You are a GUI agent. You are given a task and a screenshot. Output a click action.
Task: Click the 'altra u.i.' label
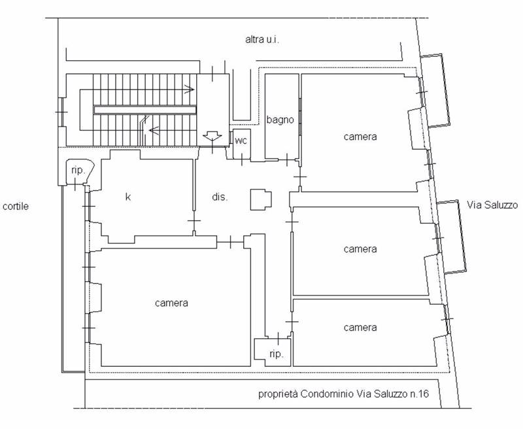point(262,40)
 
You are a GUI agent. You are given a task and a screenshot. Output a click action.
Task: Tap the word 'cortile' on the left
point(15,206)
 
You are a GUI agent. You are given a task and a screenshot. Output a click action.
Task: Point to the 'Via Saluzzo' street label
point(492,205)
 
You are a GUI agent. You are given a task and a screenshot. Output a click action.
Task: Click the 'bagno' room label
point(280,120)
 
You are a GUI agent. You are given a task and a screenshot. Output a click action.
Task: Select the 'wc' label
point(241,141)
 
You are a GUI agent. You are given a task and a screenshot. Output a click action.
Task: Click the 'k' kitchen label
point(127,197)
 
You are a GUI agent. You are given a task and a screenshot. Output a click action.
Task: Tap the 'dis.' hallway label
point(220,197)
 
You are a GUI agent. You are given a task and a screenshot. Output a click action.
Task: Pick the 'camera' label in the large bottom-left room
point(171,303)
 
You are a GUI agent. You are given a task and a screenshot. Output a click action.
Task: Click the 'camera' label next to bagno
point(360,137)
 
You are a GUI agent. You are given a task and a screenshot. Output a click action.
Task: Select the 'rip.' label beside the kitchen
point(78,171)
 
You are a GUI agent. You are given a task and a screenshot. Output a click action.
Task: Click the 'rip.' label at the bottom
point(277,354)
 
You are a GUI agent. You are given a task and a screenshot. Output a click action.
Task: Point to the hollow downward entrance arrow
point(212,136)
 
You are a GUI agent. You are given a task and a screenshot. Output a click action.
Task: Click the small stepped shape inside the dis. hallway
point(261,199)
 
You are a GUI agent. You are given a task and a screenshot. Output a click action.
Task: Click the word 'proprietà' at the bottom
point(278,394)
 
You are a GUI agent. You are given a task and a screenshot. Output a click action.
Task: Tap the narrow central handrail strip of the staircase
point(145,110)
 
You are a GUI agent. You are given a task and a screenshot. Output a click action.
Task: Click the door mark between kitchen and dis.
point(194,221)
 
